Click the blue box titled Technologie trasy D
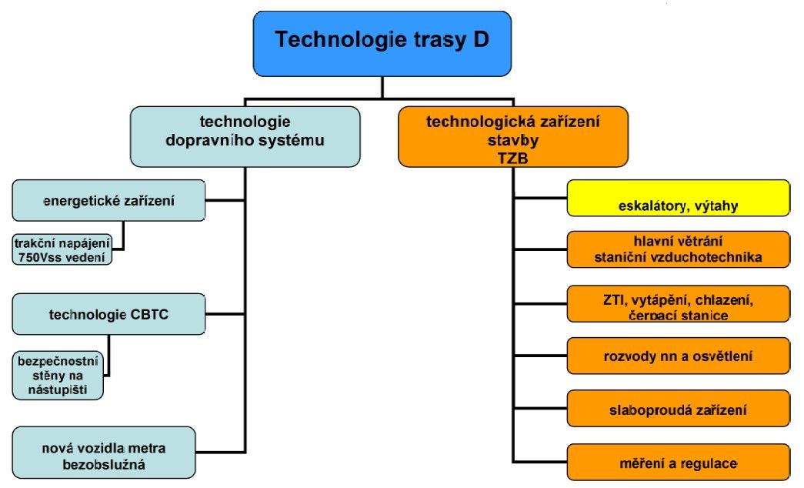(382, 44)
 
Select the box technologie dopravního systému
(245, 136)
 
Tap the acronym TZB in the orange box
(512, 158)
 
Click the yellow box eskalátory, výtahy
(679, 198)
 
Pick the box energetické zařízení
(108, 200)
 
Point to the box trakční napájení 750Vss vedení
(62, 250)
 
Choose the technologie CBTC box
(108, 314)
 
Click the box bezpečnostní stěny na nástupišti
(58, 376)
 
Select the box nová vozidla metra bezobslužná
(104, 453)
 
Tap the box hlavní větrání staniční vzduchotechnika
(679, 249)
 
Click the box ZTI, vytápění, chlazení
(679, 304)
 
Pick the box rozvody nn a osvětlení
(679, 356)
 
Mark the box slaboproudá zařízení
(679, 409)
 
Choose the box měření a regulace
(679, 462)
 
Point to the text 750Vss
(36, 258)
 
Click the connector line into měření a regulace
(540, 462)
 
